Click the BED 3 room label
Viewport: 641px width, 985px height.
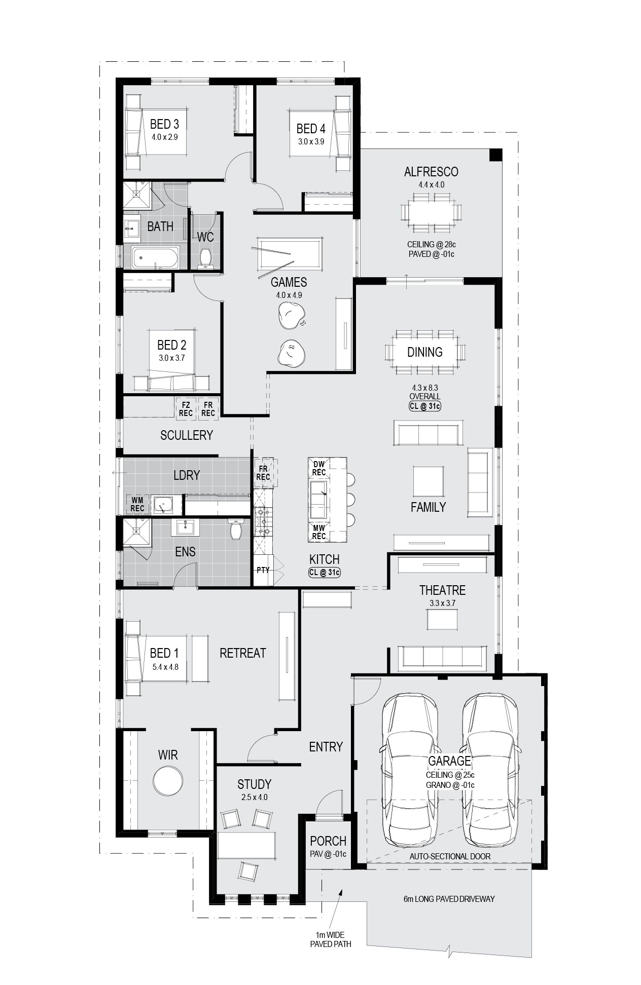tap(164, 124)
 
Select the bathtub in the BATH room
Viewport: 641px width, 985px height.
tap(155, 258)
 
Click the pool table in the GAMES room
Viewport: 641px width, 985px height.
tap(290, 254)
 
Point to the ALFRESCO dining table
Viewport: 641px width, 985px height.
tap(431, 212)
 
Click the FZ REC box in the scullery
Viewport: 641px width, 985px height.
tap(186, 409)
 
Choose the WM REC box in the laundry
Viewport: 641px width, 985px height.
tap(137, 505)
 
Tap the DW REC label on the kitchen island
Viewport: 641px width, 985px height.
tap(319, 468)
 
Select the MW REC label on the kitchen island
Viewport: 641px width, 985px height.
tap(319, 532)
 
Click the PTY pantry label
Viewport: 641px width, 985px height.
tap(263, 570)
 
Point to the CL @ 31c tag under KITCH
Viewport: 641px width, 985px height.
tap(325, 573)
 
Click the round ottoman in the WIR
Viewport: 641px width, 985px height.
tap(168, 781)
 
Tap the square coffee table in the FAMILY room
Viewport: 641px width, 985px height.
tap(429, 481)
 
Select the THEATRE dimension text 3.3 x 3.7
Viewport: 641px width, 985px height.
tap(443, 603)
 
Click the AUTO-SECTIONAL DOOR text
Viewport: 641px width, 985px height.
tap(450, 856)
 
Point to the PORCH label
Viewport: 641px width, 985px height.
tap(328, 841)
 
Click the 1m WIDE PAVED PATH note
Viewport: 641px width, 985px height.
tap(331, 939)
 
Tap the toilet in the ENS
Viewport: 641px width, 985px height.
tap(236, 529)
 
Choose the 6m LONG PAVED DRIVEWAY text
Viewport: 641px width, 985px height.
tap(449, 899)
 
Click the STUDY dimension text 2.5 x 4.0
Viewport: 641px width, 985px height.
tap(254, 797)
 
